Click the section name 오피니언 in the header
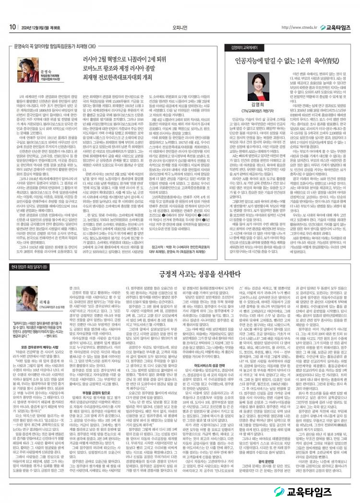[180, 13]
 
